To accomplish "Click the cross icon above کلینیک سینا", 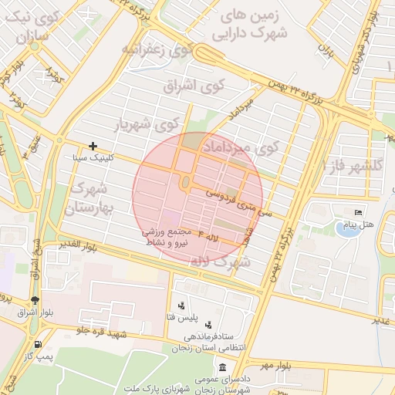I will [x=93, y=145].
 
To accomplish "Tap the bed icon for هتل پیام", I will [x=357, y=212].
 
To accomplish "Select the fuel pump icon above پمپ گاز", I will [x=37, y=343].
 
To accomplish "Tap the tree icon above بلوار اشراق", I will [x=35, y=300].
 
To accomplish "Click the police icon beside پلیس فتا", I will [x=181, y=306].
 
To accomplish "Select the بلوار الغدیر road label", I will [x=80, y=246].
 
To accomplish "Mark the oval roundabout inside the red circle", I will [x=186, y=184].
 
